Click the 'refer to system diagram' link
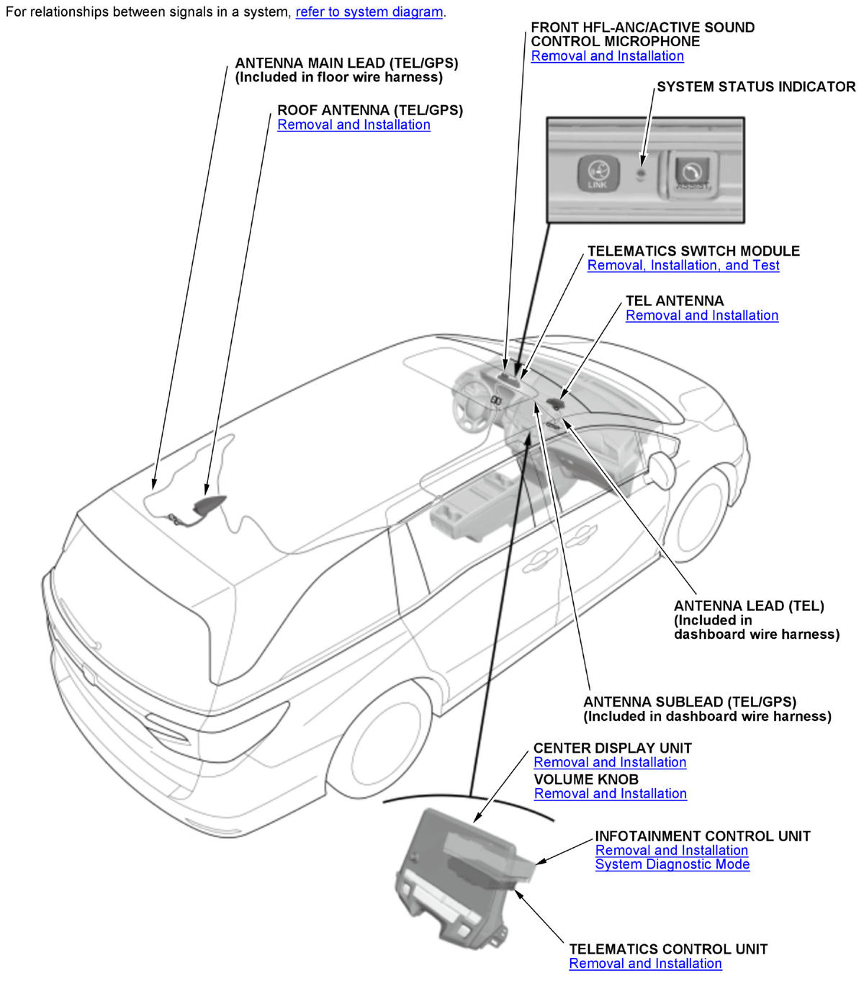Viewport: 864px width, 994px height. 369,12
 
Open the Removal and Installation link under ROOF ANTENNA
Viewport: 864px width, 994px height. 354,125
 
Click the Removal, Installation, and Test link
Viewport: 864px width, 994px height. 683,265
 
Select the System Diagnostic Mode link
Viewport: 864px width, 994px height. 672,864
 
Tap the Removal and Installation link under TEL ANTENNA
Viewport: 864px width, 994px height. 701,315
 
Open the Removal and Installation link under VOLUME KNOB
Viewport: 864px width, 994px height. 610,794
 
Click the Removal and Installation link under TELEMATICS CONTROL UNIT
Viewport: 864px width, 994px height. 645,964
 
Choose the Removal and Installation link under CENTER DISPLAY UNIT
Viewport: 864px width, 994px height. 610,763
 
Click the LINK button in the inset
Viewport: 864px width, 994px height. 597,174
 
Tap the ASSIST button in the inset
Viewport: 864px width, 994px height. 692,174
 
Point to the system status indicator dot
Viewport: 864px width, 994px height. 641,173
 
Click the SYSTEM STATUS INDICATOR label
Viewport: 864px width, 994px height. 756,87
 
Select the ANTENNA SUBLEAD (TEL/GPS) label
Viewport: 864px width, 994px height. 689,702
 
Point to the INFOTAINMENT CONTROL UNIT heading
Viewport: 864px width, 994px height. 702,836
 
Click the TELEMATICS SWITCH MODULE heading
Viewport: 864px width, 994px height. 693,251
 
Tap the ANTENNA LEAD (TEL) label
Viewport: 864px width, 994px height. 749,606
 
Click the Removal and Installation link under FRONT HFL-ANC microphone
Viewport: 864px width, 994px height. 607,56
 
